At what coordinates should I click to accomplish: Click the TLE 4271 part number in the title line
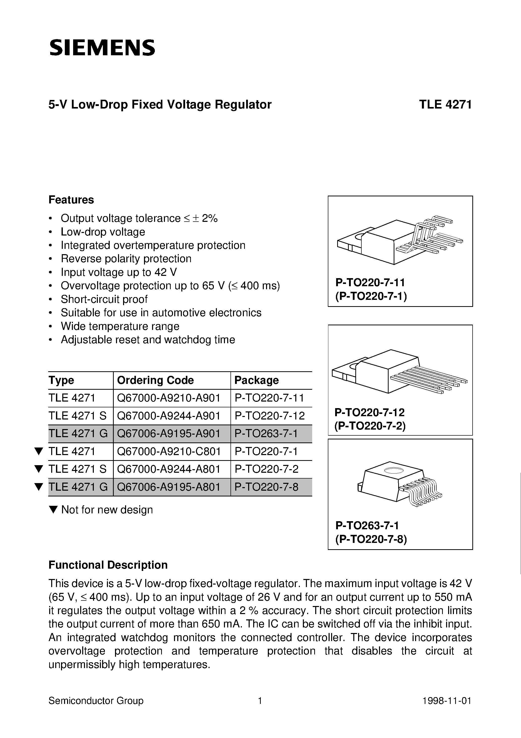[445, 105]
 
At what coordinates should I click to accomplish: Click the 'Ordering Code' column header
[155, 380]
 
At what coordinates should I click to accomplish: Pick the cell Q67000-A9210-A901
[169, 398]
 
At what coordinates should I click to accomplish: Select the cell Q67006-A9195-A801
[169, 487]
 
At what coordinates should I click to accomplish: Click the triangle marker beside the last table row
[39, 487]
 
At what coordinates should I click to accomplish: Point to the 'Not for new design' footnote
[107, 510]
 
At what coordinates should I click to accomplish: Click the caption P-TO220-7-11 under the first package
[370, 282]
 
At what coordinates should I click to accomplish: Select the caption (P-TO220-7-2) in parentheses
[370, 426]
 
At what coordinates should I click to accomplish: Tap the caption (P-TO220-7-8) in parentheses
[371, 539]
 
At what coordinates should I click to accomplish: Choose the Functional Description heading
[108, 565]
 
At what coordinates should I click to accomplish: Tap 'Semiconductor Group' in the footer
[96, 701]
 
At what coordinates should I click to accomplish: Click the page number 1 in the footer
[260, 701]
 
